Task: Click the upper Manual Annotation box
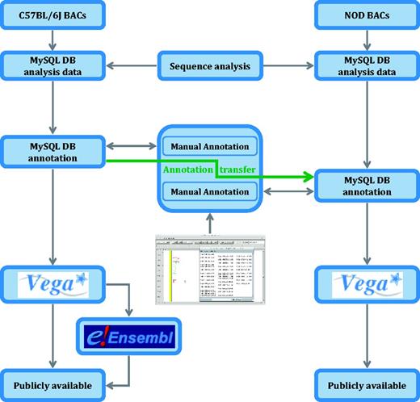pyautogui.click(x=210, y=147)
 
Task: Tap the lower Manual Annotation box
pyautogui.click(x=210, y=191)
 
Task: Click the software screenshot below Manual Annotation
pyautogui.click(x=210, y=267)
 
